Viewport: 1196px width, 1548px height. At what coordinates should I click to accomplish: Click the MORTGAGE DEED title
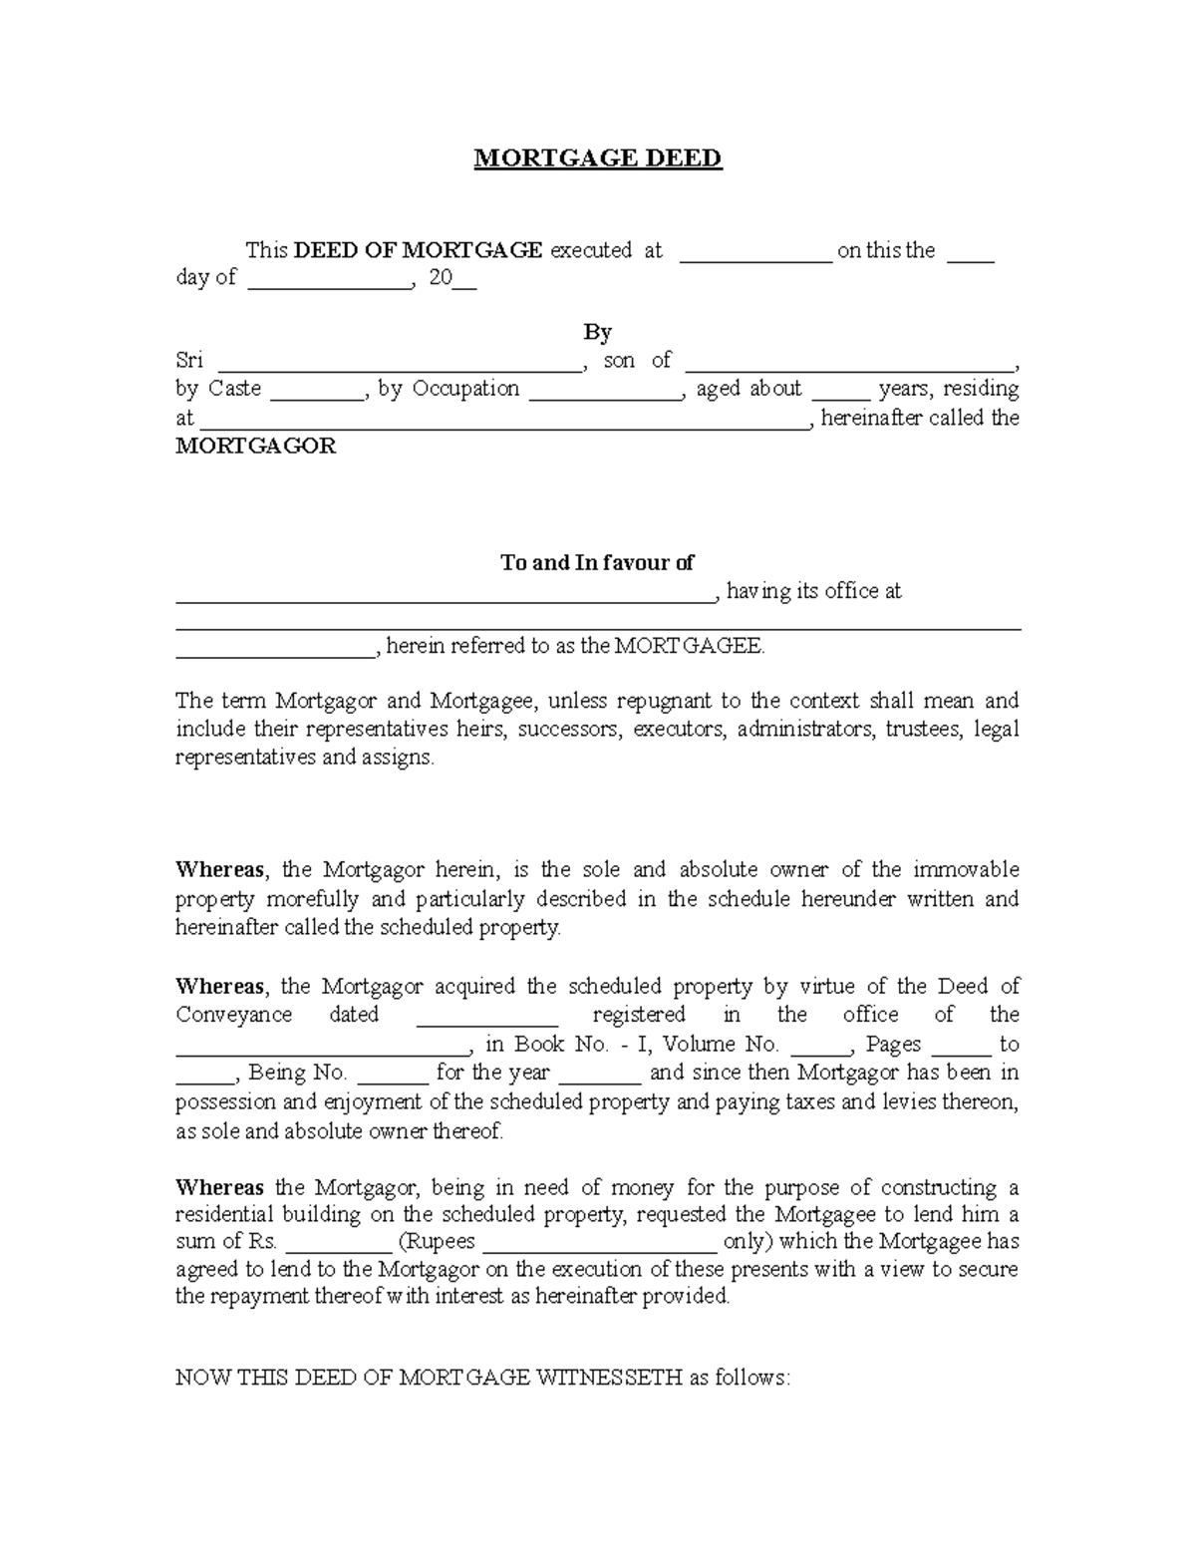(597, 158)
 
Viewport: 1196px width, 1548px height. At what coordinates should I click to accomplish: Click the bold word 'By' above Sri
(597, 332)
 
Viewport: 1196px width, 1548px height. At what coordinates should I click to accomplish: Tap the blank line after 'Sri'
(399, 367)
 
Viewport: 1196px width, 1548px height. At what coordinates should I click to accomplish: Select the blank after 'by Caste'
(317, 396)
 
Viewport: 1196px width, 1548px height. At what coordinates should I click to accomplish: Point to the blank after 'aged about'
(840, 396)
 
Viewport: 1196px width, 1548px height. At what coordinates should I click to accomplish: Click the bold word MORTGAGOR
(255, 447)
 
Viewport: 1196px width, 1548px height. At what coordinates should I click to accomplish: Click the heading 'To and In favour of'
(597, 563)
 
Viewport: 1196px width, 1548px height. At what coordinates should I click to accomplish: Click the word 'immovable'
(965, 870)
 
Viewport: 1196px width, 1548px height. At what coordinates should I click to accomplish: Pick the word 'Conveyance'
(234, 1015)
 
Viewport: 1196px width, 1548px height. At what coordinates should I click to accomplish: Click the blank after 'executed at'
(755, 258)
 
